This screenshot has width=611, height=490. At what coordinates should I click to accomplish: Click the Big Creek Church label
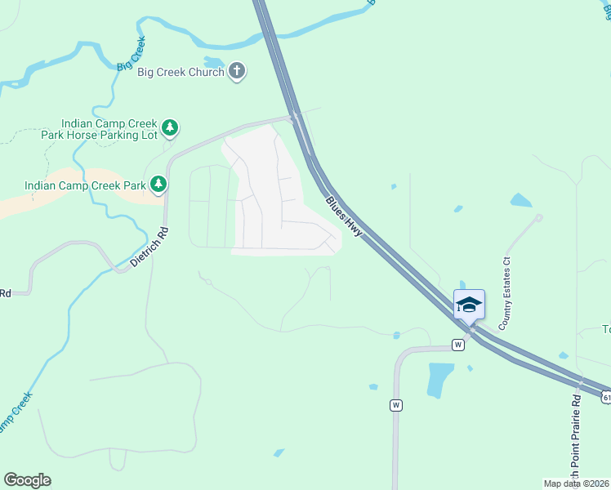pyautogui.click(x=181, y=72)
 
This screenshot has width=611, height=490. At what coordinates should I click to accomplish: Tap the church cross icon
pyautogui.click(x=237, y=71)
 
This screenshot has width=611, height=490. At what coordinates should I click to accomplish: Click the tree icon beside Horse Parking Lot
pyautogui.click(x=169, y=127)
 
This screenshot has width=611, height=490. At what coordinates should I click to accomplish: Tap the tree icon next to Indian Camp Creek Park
pyautogui.click(x=158, y=185)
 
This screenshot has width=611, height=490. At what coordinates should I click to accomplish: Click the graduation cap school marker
pyautogui.click(x=469, y=305)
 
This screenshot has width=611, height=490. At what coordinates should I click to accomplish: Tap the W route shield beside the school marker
pyautogui.click(x=457, y=345)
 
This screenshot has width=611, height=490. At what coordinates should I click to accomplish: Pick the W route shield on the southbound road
pyautogui.click(x=396, y=404)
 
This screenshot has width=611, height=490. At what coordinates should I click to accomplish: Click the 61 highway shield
pyautogui.click(x=606, y=396)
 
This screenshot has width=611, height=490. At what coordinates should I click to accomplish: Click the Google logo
pyautogui.click(x=27, y=480)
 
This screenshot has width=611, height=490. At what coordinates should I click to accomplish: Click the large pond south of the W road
pyautogui.click(x=441, y=379)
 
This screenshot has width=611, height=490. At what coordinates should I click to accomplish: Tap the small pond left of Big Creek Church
pyautogui.click(x=213, y=62)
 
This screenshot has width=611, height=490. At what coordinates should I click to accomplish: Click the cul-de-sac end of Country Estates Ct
pyautogui.click(x=539, y=217)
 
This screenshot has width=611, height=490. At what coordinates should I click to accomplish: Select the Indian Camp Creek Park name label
pyautogui.click(x=85, y=185)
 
